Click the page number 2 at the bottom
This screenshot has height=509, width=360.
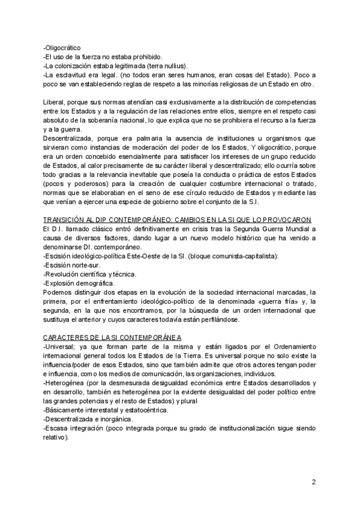tap(314, 481)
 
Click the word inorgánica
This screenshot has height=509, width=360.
tap(114, 419)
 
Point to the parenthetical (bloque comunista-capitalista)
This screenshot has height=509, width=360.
tap(201, 256)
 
